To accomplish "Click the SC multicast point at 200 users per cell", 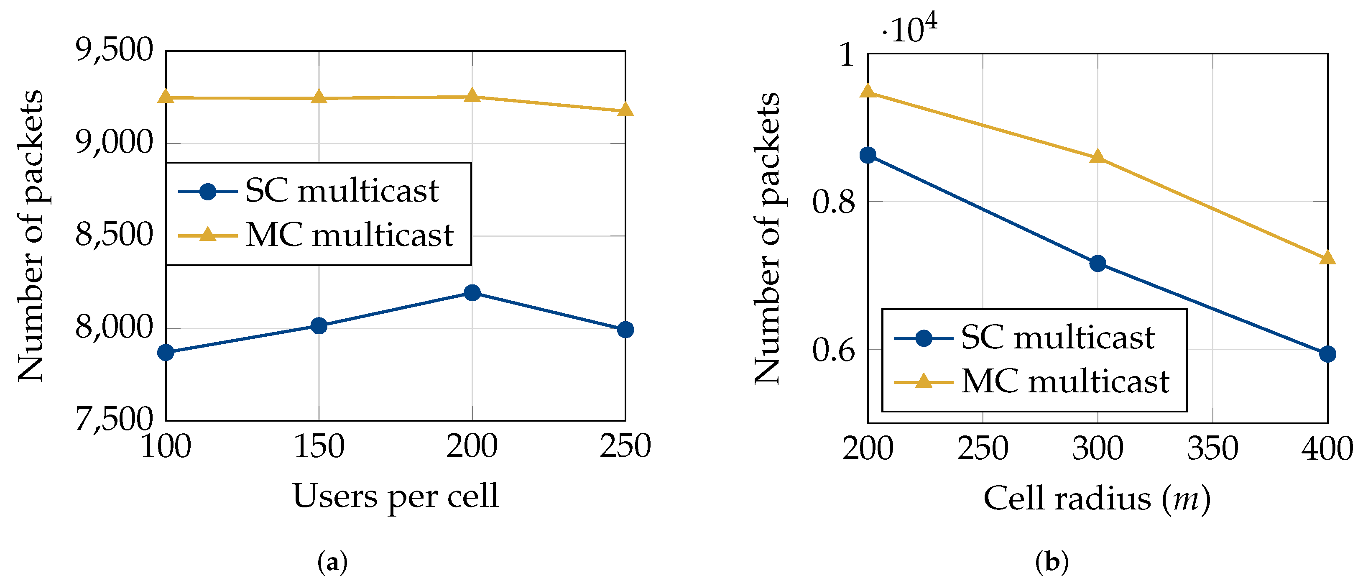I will point(472,293).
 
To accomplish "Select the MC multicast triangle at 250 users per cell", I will point(625,110).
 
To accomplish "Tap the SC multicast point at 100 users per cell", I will point(166,352).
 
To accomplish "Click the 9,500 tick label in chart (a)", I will point(114,50).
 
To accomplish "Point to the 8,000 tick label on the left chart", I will point(114,328).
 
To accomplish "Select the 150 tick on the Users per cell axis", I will point(319,446).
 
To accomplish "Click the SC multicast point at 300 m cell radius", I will point(1098,263).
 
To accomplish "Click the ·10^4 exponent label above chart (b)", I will point(909,29).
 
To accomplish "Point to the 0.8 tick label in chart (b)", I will point(833,202).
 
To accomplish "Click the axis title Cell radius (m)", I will point(1097,499).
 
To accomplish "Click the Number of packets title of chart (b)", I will point(767,238).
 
